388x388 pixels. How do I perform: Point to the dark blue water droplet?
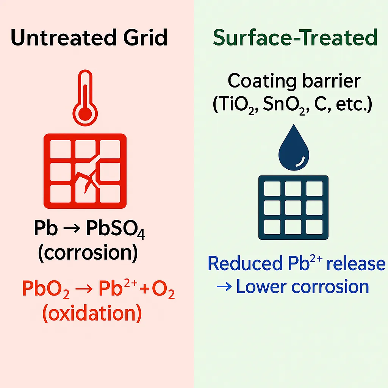[x=294, y=150]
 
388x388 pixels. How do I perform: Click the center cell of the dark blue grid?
[x=294, y=207]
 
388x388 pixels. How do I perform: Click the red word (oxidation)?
[x=92, y=313]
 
